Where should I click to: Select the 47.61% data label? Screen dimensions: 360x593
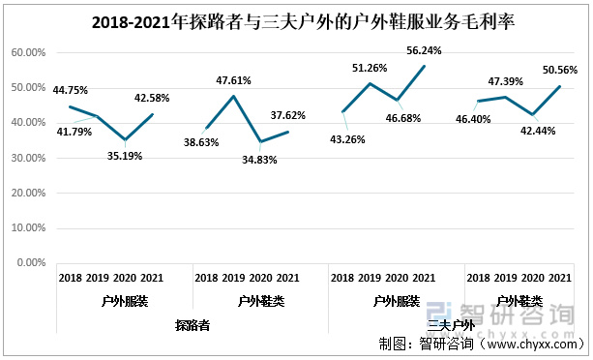[x=236, y=81]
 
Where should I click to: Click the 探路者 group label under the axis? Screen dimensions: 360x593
[x=193, y=326]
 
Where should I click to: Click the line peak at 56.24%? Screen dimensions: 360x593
[x=425, y=66]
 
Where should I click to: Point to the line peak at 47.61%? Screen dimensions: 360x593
[x=233, y=96]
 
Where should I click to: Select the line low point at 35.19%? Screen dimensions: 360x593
[x=125, y=140]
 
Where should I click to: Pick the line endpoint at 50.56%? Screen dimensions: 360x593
[x=560, y=86]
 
